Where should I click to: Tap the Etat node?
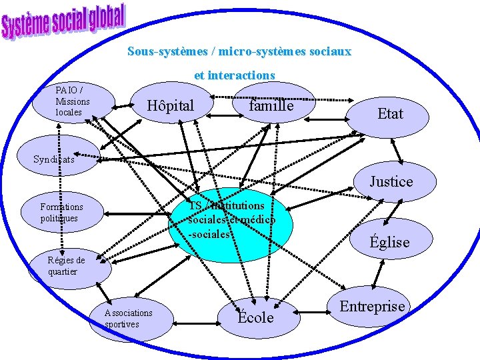pyautogui.click(x=390, y=113)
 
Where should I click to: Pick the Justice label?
pyautogui.click(x=392, y=181)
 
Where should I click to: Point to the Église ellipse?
pyautogui.click(x=390, y=241)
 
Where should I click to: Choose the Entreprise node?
pyautogui.click(x=373, y=307)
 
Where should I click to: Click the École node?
pyautogui.click(x=257, y=317)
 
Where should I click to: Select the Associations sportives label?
pyautogui.click(x=129, y=318)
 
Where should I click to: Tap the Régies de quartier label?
pyautogui.click(x=67, y=266)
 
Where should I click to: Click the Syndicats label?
pyautogui.click(x=55, y=159)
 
